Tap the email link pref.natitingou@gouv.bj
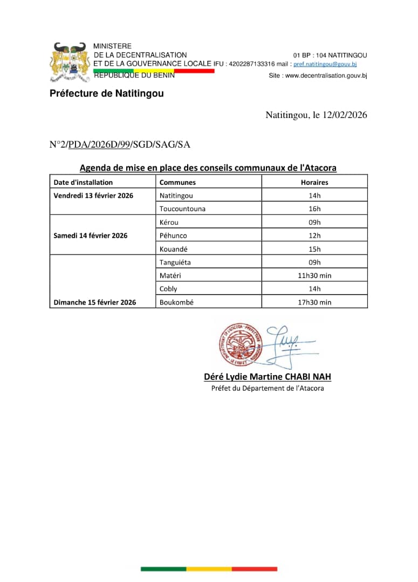pyautogui.click(x=325, y=64)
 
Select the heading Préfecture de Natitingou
pyautogui.click(x=106, y=94)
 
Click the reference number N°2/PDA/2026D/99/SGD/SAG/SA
pyautogui.click(x=120, y=144)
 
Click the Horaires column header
pyautogui.click(x=314, y=182)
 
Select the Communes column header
pyautogui.click(x=177, y=182)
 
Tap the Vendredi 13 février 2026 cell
pyautogui.click(x=93, y=196)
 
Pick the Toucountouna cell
pyautogui.click(x=182, y=209)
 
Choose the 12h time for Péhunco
pyautogui.click(x=314, y=235)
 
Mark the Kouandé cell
pyautogui.click(x=173, y=249)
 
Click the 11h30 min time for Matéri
pyautogui.click(x=314, y=275)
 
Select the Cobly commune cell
pyautogui.click(x=168, y=289)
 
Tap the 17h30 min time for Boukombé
pyautogui.click(x=314, y=302)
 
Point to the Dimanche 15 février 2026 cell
pyautogui.click(x=95, y=302)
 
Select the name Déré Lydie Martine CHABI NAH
pyautogui.click(x=268, y=377)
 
